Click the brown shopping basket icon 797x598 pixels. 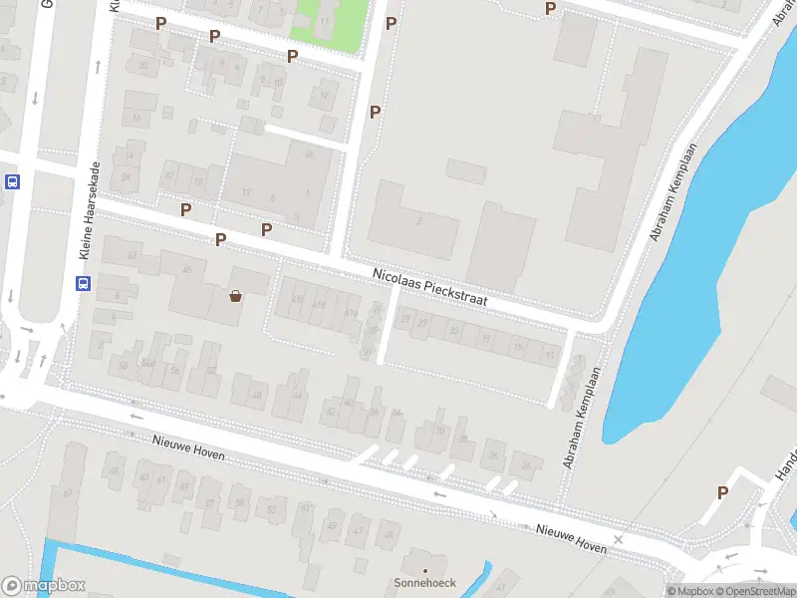236,295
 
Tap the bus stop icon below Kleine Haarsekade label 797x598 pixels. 83,283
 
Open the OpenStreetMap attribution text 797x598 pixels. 749,591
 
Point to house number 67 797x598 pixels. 68,493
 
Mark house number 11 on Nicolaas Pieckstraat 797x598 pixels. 549,353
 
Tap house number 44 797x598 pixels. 298,396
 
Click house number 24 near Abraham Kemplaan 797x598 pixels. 525,464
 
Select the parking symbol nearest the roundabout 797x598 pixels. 722,492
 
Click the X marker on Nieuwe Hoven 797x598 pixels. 619,539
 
